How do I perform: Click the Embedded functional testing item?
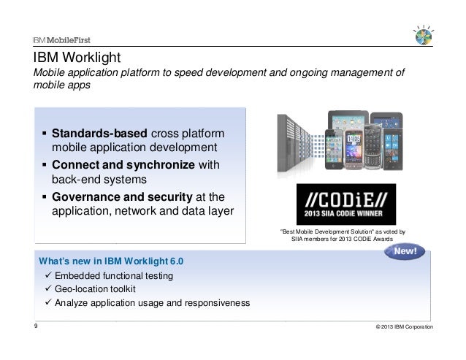pos(115,276)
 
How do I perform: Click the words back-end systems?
pos(99,180)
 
